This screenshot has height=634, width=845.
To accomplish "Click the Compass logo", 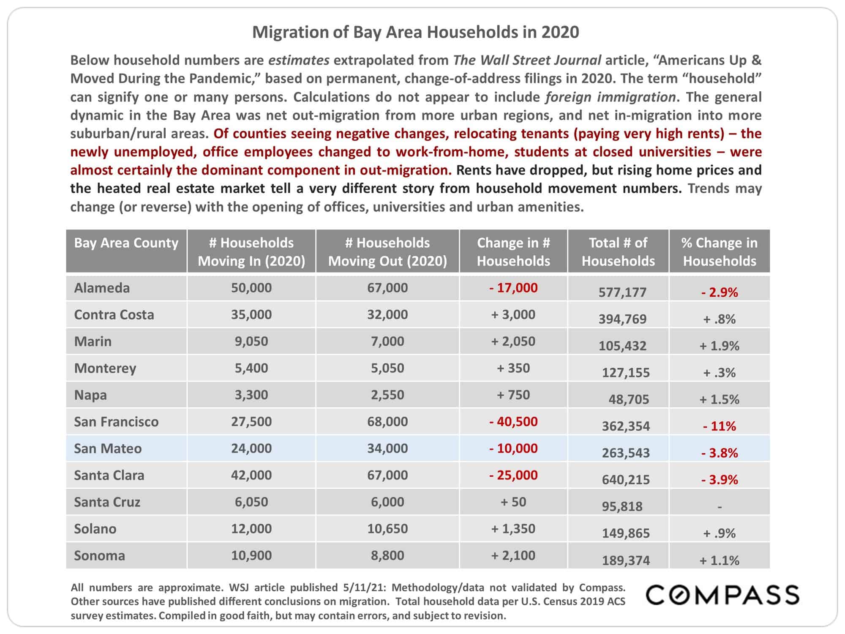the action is (x=722, y=595).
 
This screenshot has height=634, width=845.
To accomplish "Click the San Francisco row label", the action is (x=116, y=422).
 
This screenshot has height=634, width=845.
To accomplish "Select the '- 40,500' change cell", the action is (x=513, y=422).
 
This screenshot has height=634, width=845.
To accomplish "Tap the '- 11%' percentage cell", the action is (x=720, y=426).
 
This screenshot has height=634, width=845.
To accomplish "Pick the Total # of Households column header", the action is (x=618, y=251).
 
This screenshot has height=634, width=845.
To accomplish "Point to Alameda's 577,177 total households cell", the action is (x=622, y=292).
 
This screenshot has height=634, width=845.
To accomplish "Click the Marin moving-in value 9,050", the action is (x=251, y=342).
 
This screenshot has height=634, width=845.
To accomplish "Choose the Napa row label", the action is (x=90, y=395).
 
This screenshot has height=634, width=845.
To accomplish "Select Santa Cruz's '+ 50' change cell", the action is (x=513, y=502).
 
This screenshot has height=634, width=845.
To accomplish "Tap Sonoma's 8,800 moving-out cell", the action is (x=387, y=555).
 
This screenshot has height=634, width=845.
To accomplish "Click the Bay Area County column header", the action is (x=126, y=243).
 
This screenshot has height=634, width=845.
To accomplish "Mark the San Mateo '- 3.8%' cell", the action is (x=720, y=453).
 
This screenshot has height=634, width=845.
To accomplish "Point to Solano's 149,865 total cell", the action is (x=626, y=533).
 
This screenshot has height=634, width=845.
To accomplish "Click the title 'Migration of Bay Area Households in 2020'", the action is (x=416, y=32).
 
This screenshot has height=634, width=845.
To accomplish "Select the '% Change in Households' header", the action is (x=720, y=251).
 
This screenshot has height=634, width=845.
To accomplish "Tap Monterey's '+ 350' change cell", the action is (x=513, y=368).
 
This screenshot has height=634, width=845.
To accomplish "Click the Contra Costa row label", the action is (x=114, y=315).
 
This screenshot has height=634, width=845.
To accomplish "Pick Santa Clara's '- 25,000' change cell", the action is (x=513, y=475).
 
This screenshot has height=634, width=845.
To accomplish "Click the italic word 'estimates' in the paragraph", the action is (x=299, y=60).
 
